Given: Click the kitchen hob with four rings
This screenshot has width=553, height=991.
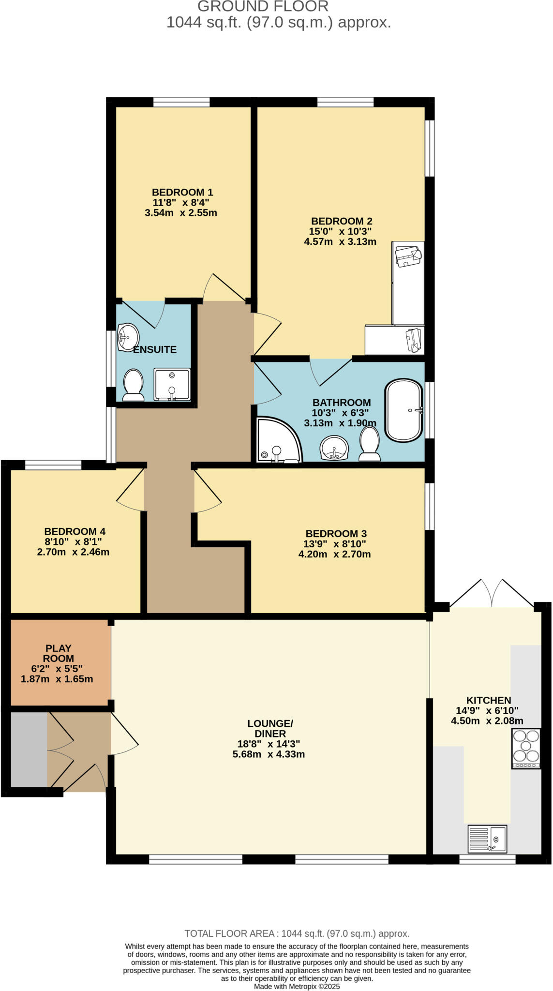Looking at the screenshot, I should click(525, 749).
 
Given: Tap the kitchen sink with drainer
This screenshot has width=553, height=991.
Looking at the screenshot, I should click(487, 839).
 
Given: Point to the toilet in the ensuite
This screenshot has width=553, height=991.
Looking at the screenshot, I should click(133, 385).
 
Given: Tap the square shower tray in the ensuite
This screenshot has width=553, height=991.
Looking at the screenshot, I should click(172, 384).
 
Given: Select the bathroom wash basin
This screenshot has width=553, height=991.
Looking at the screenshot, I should click(334, 448).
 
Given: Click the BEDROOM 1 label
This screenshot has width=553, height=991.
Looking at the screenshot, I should click(182, 192).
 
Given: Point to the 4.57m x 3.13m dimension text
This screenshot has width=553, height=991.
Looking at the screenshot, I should click(340, 241).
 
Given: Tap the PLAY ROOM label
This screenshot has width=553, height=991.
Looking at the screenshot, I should click(59, 653).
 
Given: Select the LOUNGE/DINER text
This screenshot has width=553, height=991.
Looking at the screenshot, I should click(270, 728).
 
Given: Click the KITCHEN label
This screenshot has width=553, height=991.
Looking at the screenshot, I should click(488, 700).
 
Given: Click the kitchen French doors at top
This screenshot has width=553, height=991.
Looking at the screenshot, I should click(492, 594).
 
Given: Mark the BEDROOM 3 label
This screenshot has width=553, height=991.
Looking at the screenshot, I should click(336, 533).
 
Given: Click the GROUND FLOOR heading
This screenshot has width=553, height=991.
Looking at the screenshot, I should click(263, 7).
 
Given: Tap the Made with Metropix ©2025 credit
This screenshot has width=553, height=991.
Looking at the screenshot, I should click(297, 986).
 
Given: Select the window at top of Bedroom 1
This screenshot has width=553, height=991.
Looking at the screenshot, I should click(181, 102).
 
